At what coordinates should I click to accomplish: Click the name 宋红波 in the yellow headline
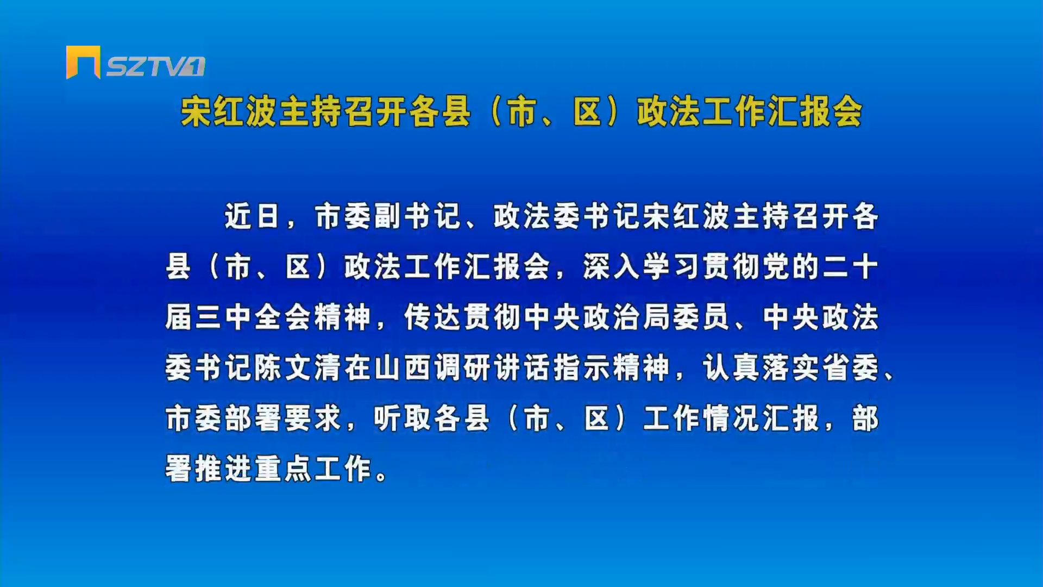click(229, 112)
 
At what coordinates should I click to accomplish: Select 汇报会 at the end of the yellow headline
click(814, 112)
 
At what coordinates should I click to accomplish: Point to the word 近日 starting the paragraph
click(252, 216)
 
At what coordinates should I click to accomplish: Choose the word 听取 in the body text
click(403, 419)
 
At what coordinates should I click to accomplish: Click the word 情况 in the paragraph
click(731, 419)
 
